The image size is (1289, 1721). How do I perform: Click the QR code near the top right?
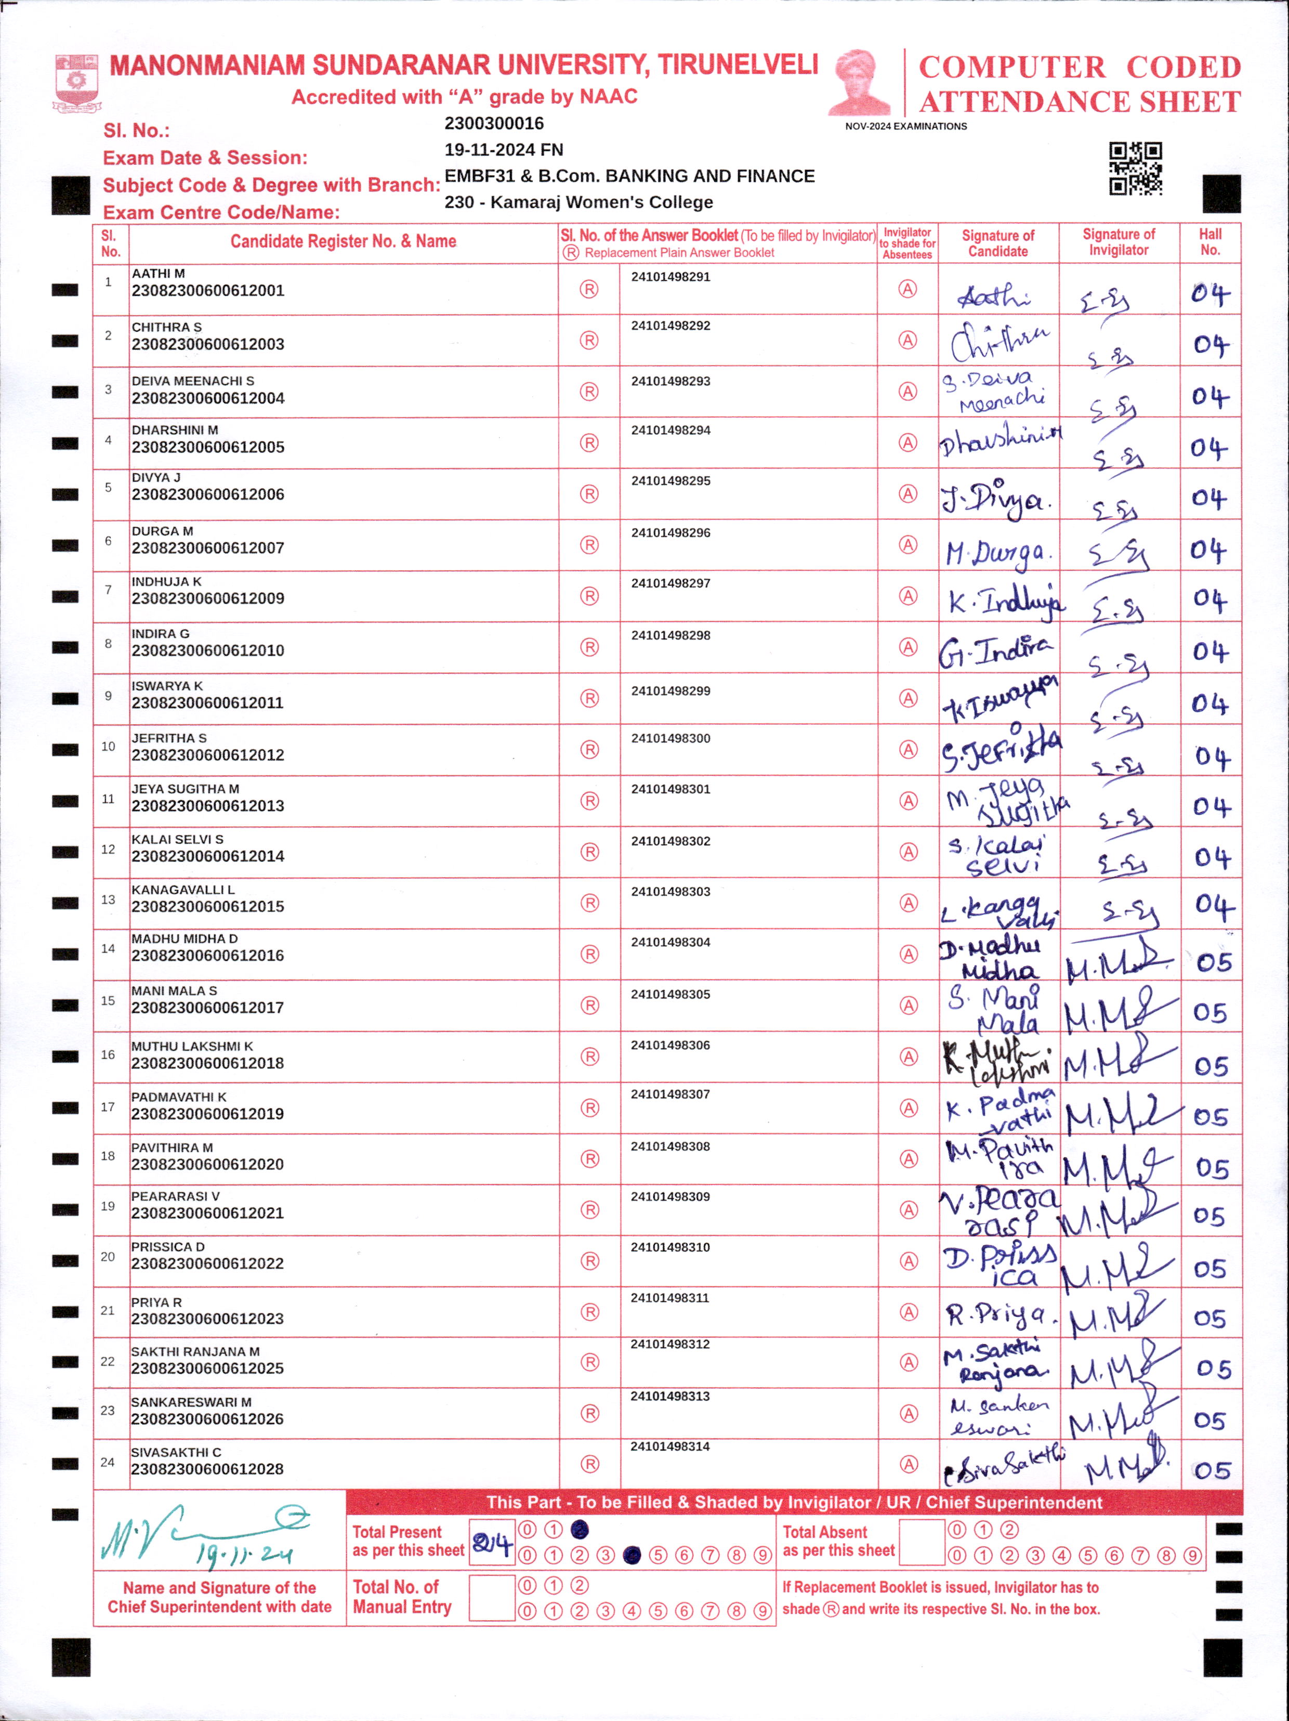(1135, 168)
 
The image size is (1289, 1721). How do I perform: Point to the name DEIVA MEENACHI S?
(193, 381)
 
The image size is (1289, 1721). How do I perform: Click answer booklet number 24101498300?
(670, 738)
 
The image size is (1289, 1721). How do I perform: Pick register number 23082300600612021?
(208, 1213)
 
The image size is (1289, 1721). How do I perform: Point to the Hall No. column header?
(1209, 242)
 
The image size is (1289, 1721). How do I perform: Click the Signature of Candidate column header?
(998, 243)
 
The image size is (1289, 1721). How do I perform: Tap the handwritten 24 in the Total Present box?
(492, 1542)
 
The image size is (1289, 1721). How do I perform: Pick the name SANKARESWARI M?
(191, 1402)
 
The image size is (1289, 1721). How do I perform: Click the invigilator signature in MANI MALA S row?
(1119, 1011)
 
